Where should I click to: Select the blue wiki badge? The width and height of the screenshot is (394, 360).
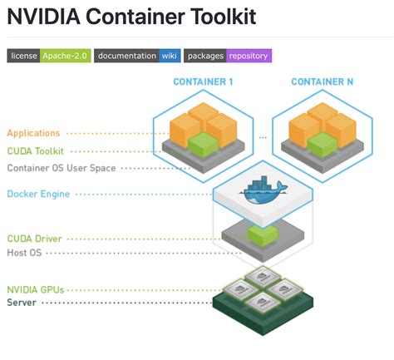pos(169,56)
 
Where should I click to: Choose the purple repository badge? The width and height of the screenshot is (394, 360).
pos(249,56)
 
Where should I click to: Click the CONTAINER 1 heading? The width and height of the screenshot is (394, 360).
pos(203,81)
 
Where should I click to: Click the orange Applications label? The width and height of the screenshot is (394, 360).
pos(33,133)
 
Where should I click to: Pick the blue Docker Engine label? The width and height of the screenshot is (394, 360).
pos(37,195)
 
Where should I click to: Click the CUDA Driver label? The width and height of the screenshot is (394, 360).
pos(34,239)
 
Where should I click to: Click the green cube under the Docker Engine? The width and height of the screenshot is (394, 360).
pos(262,235)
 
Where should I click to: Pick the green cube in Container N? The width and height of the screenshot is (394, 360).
pos(322,144)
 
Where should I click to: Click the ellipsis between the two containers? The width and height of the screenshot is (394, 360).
pos(262,136)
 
